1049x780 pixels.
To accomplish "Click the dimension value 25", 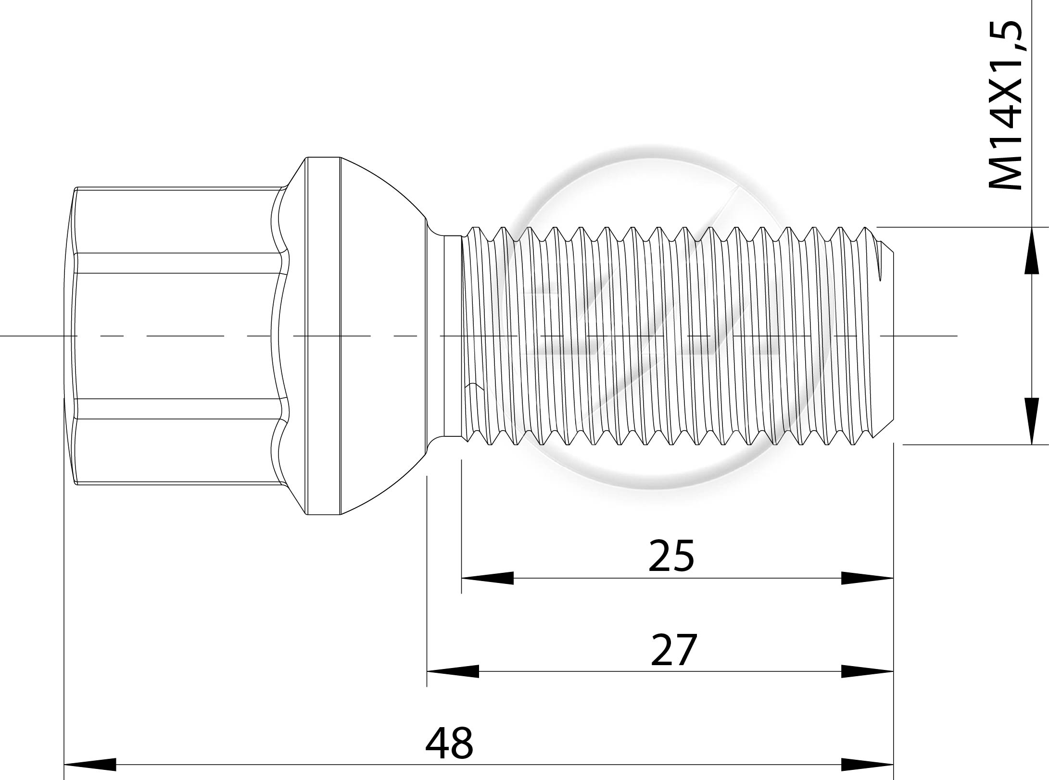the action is coord(671,556).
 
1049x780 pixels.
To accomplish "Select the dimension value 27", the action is coord(673,650).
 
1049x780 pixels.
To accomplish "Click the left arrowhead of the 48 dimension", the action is coord(90,765).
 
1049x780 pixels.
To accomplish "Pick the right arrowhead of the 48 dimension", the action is coord(867,765).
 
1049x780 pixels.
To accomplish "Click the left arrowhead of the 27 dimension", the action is coord(453,671).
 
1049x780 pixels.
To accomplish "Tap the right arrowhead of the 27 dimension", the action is coord(867,671).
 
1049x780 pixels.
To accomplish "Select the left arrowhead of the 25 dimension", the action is coord(487,578).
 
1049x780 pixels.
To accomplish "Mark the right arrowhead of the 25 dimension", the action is coord(867,578).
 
